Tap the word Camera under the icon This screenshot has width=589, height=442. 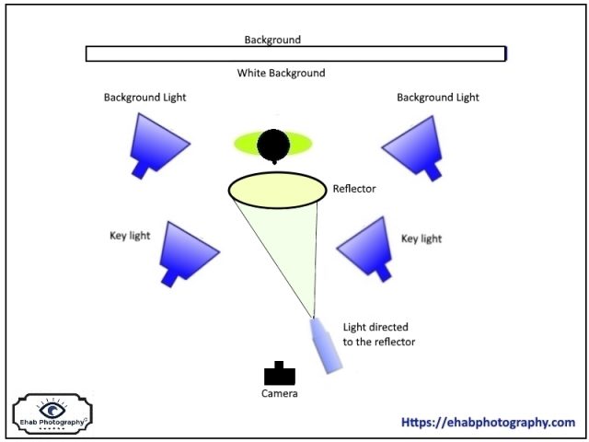280,393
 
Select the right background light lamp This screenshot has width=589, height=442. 413,144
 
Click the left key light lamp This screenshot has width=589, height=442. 188,250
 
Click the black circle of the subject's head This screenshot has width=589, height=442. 272,145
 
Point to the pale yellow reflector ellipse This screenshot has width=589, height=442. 277,190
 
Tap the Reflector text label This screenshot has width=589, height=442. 354,190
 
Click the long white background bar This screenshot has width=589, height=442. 295,53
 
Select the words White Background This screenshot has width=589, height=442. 281,73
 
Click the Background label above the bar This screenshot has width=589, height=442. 272,40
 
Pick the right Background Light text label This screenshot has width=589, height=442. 437,97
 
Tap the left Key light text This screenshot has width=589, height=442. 129,236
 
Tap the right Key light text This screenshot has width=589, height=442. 422,238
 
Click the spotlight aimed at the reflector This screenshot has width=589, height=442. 328,345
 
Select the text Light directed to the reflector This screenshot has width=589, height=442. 378,334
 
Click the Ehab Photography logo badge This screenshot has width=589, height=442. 52,413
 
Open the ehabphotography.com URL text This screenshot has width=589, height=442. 488,423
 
